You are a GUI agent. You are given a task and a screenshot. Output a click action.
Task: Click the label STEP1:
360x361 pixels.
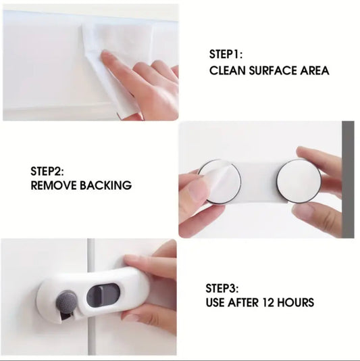point(226,54)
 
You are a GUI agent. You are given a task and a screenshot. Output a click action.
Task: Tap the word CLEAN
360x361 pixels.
point(228,70)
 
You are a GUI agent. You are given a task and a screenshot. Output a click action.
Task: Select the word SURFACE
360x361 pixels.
point(273,70)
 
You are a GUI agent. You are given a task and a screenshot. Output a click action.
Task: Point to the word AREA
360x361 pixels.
point(315,70)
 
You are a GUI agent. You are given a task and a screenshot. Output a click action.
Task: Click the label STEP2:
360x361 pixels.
point(47,171)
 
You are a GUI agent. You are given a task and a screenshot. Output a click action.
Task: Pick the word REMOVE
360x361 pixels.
point(53,185)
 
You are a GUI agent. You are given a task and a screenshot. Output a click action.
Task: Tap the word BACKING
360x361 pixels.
point(106,185)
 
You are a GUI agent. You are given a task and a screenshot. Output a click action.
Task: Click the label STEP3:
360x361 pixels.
point(222,289)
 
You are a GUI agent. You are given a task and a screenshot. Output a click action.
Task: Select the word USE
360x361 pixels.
point(215,302)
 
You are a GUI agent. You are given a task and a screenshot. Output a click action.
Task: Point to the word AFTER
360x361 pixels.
point(243,302)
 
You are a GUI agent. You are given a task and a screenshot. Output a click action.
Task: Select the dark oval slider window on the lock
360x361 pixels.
point(103,297)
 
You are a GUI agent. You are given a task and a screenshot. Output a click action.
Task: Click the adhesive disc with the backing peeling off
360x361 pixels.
point(220,182)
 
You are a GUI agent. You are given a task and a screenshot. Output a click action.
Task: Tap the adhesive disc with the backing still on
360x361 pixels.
point(299,181)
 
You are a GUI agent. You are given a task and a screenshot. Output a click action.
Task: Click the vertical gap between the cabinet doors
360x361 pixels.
point(91,297)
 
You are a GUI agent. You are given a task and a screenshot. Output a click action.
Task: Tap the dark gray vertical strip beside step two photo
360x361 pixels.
point(348,179)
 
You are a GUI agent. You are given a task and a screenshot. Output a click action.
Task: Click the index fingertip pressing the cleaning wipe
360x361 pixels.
point(107,57)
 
